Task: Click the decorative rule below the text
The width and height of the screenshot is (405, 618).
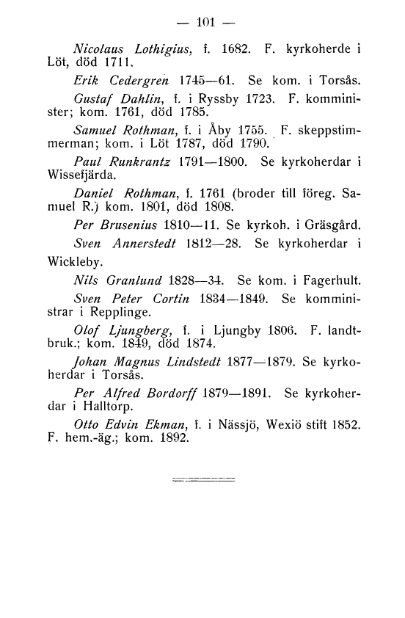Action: tap(202, 479)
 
